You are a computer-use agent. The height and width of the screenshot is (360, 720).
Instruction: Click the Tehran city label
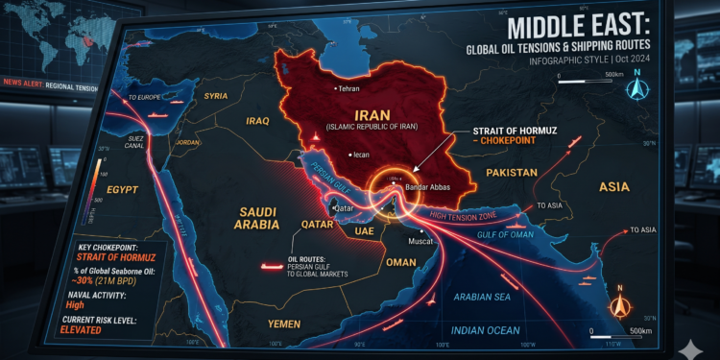click(348, 89)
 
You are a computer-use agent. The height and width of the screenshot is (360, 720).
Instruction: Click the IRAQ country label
click(260, 121)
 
